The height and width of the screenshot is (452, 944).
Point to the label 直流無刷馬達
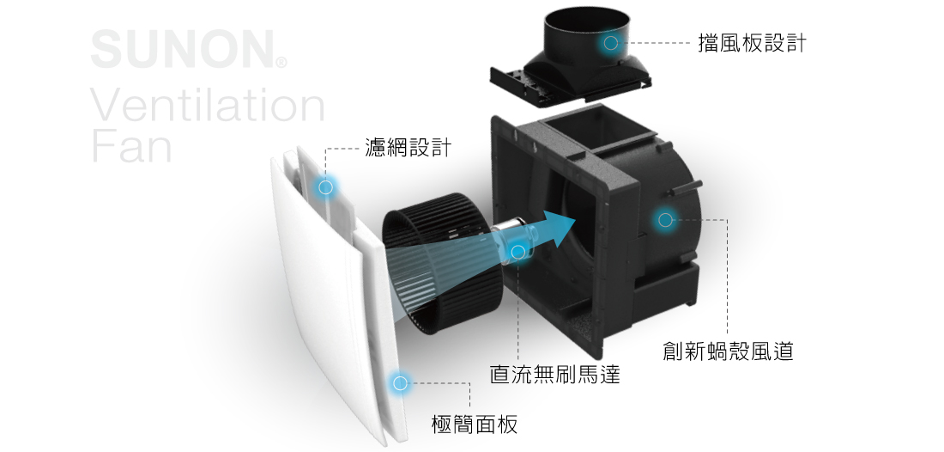pos(554,375)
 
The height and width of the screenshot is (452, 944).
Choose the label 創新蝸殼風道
pos(728,351)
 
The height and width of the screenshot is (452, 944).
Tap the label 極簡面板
pos(474,424)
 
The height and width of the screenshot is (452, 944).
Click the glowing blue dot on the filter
pos(325,186)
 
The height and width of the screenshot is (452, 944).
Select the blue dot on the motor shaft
pos(517,251)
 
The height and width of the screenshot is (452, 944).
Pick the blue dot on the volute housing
pos(664,220)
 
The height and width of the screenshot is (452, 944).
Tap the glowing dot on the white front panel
pos(398,382)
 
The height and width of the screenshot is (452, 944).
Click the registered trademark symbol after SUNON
pos(281,63)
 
